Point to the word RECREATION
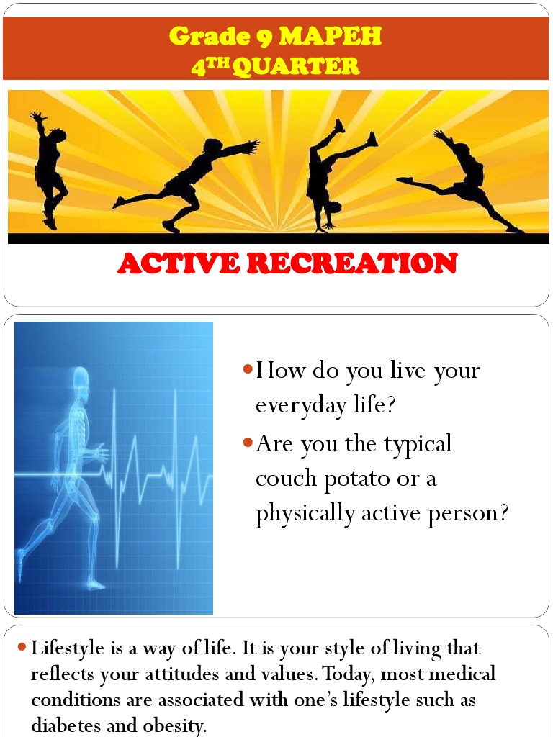tap(352, 264)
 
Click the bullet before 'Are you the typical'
tap(247, 443)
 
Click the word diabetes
tap(65, 725)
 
